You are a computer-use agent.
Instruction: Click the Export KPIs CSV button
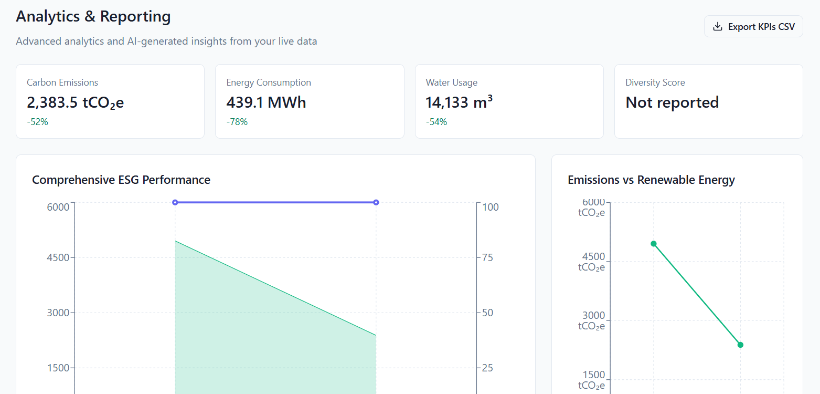pyautogui.click(x=753, y=26)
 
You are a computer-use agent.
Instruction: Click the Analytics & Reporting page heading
pyautogui.click(x=93, y=16)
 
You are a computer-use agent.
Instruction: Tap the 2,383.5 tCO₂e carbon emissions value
pyautogui.click(x=75, y=102)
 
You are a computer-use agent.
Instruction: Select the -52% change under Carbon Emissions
pyautogui.click(x=37, y=122)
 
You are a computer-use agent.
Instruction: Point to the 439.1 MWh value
pyautogui.click(x=266, y=102)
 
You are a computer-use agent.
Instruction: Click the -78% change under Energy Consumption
pyautogui.click(x=237, y=122)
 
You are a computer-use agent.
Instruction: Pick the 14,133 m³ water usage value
pyautogui.click(x=459, y=102)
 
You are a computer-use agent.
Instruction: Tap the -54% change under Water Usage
pyautogui.click(x=436, y=122)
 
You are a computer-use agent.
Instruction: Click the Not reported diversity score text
pyautogui.click(x=672, y=102)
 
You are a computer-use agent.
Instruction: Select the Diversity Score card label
pyautogui.click(x=655, y=82)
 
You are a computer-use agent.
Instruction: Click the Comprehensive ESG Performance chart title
pyautogui.click(x=121, y=180)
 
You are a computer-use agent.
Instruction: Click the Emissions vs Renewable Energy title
pyautogui.click(x=651, y=180)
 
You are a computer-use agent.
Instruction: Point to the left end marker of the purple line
pyautogui.click(x=175, y=202)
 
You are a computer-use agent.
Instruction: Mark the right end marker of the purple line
pyautogui.click(x=376, y=202)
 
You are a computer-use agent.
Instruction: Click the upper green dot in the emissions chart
pyautogui.click(x=654, y=244)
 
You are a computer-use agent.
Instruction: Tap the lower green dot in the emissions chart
pyautogui.click(x=740, y=345)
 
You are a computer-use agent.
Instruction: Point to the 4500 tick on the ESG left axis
pyautogui.click(x=58, y=257)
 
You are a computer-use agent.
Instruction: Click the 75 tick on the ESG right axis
pyautogui.click(x=487, y=257)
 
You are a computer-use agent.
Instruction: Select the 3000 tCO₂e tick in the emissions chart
pyautogui.click(x=592, y=320)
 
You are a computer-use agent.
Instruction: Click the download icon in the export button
pyautogui.click(x=718, y=26)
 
